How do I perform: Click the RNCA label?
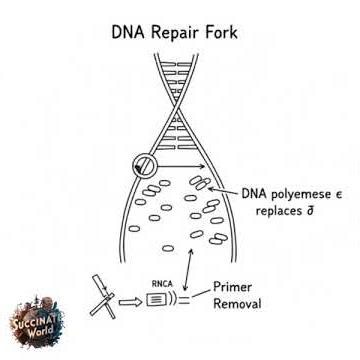[161, 284]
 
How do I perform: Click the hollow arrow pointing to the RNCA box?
[131, 300]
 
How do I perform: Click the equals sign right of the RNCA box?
[185, 299]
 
